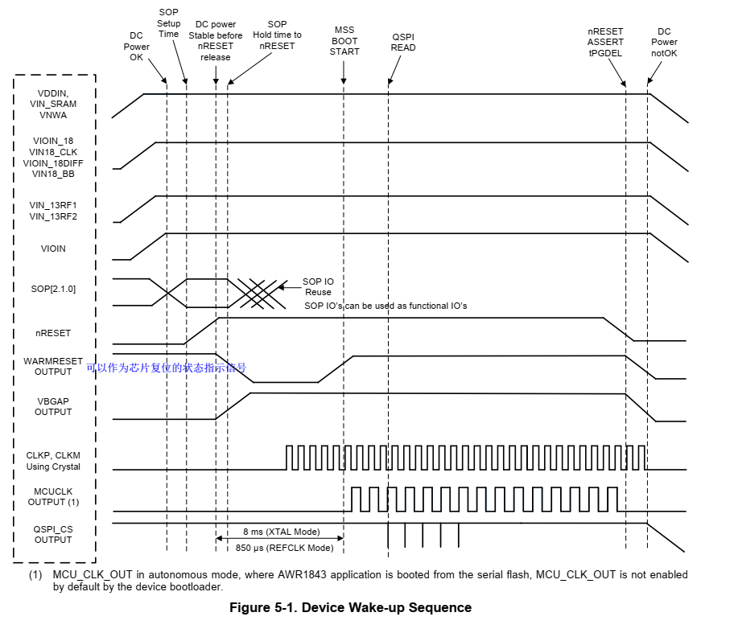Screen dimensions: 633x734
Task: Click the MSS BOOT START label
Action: pos(344,41)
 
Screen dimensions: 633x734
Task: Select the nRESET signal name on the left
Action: pos(53,332)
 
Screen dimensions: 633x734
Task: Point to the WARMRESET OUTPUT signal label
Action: pos(53,367)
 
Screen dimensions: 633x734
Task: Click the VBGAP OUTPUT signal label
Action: pos(53,406)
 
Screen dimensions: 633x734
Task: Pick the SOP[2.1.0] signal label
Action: pos(53,289)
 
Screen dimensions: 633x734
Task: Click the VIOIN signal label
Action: pos(53,249)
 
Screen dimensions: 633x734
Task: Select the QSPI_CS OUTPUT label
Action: pos(53,534)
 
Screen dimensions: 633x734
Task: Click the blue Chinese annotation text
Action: pos(167,368)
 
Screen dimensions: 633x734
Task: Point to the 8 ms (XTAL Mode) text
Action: pos(281,532)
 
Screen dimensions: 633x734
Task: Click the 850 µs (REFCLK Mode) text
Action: pos(284,548)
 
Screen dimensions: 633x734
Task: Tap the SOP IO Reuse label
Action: pos(318,287)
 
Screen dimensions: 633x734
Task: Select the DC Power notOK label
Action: pos(664,43)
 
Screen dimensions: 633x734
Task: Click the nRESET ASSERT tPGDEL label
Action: pos(605,42)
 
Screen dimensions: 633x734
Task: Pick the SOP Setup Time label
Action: pos(168,23)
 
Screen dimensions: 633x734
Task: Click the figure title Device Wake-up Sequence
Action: pos(350,607)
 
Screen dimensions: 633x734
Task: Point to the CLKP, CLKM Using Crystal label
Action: pos(53,461)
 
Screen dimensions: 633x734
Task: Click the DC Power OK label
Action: pos(136,46)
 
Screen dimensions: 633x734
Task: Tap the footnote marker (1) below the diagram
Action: pos(35,575)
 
